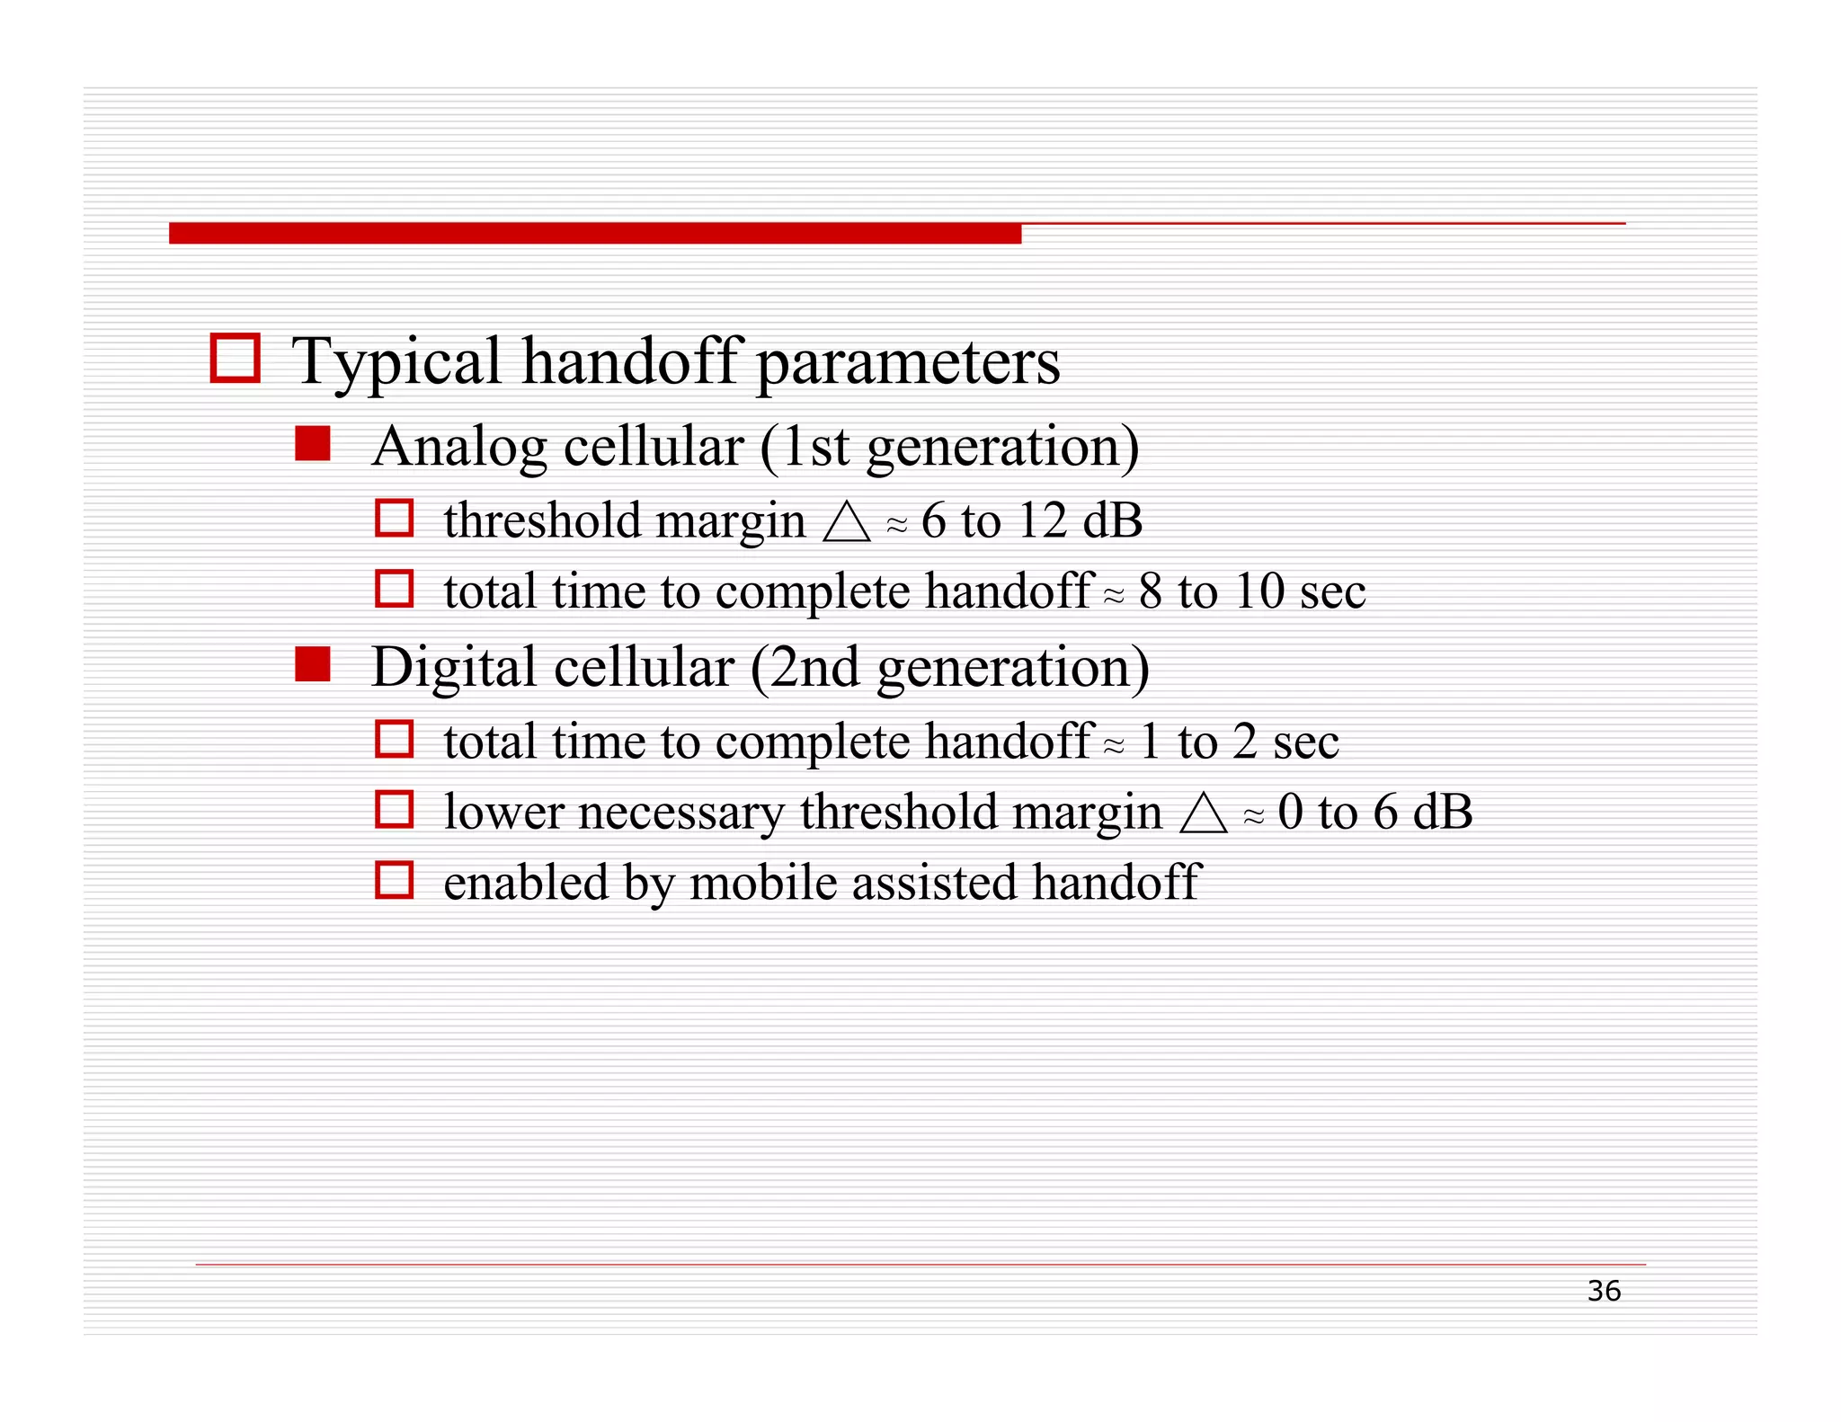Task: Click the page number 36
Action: point(1603,1291)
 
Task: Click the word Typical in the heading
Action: point(396,361)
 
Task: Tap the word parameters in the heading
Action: point(908,363)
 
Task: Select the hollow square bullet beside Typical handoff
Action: point(235,358)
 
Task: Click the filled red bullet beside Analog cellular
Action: point(313,444)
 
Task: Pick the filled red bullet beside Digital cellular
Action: point(313,665)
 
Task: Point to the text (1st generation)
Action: point(949,447)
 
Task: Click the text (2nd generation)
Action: point(949,668)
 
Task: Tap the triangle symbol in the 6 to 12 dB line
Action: point(847,522)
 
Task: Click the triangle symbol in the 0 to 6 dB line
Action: point(1203,813)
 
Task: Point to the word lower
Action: point(503,812)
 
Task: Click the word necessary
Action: point(680,813)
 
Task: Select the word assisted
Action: point(934,882)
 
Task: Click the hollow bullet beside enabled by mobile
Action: point(394,880)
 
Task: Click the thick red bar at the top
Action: point(594,234)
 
